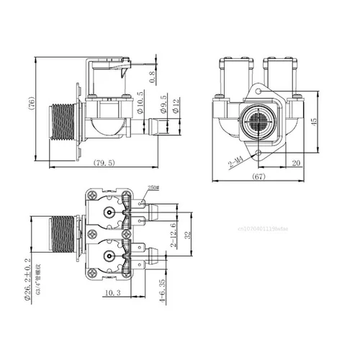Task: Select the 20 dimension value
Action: pos(297,163)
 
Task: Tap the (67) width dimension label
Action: pos(260,176)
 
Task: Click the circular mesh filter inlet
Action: pos(258,119)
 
